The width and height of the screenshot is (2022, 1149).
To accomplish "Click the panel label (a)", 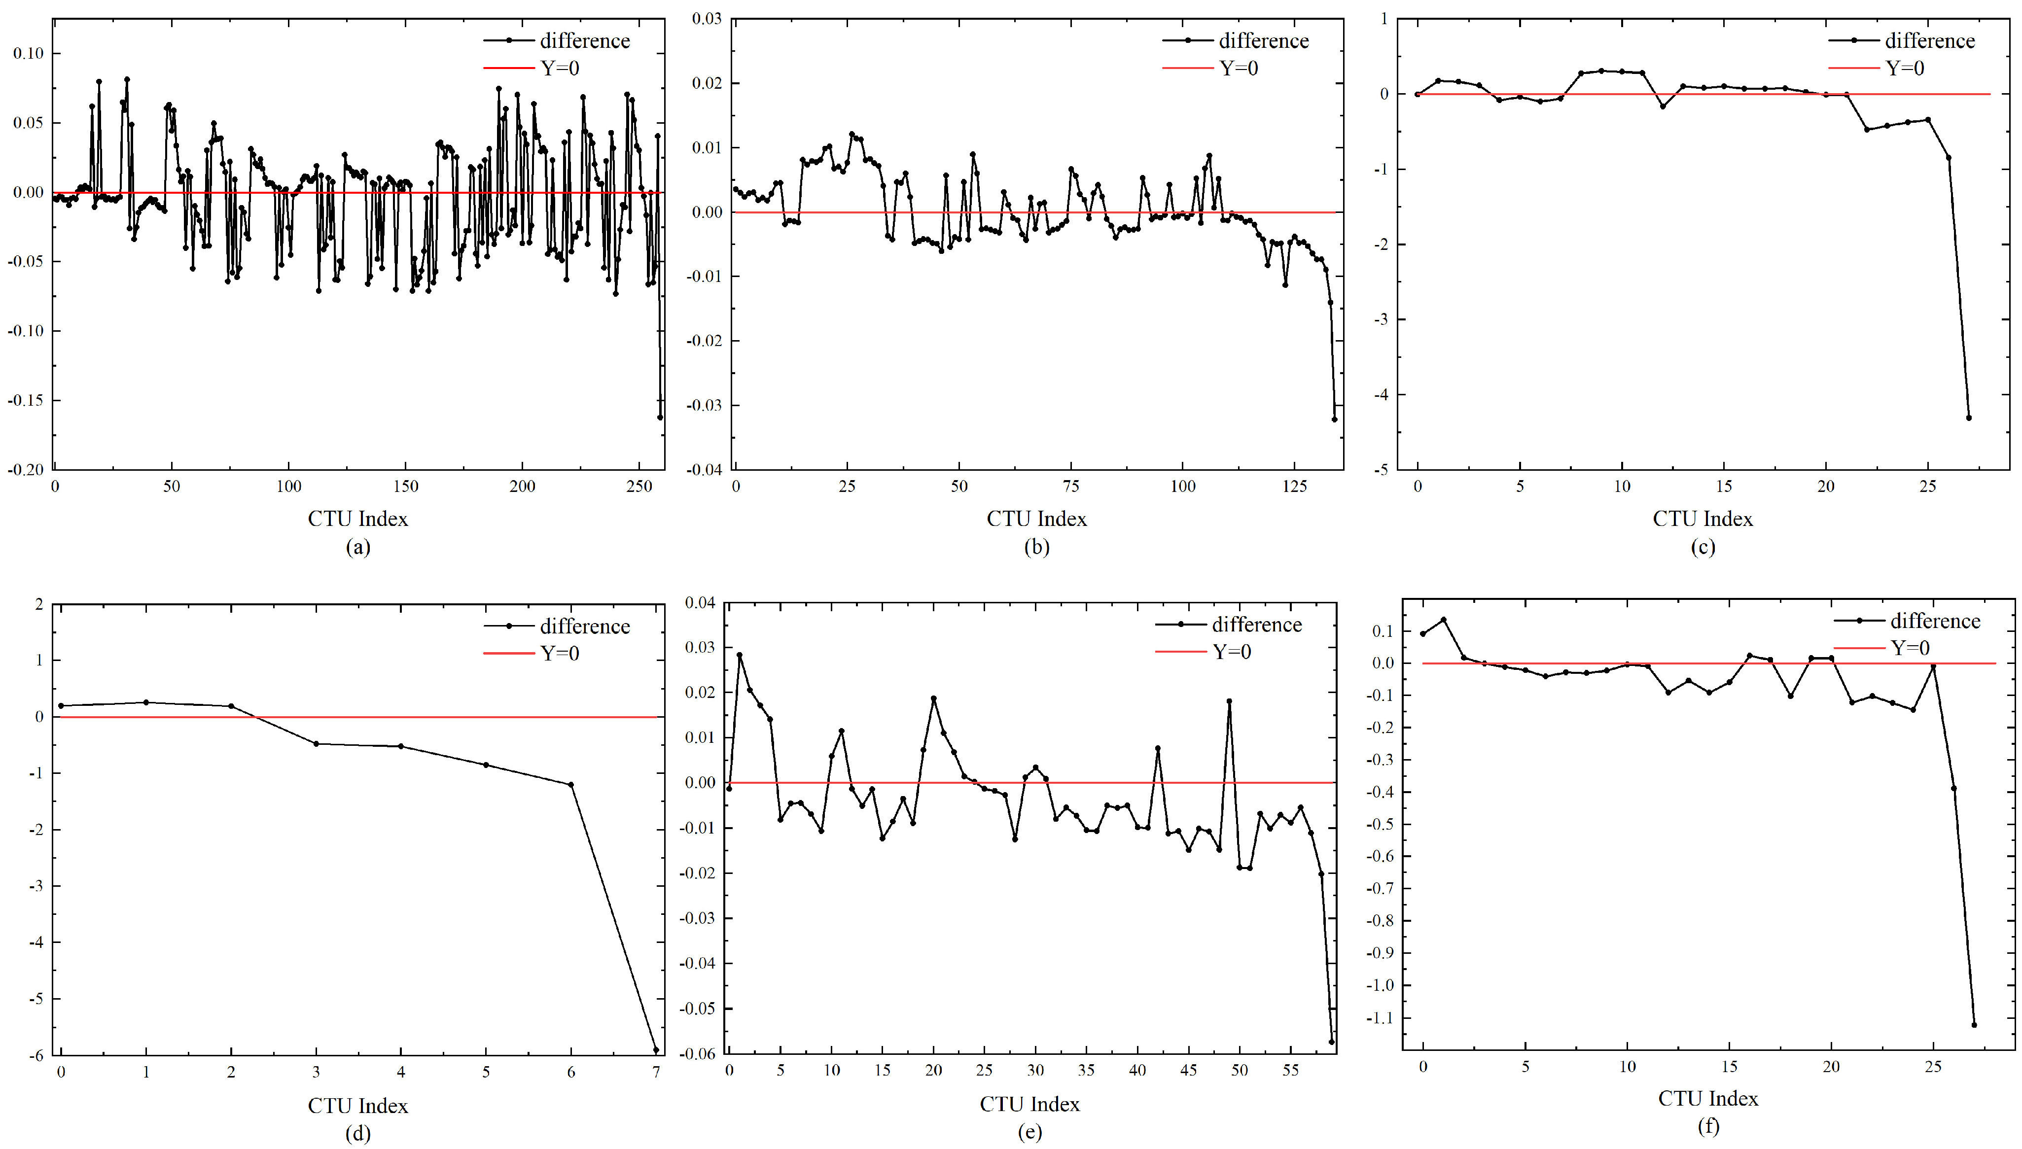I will click(357, 547).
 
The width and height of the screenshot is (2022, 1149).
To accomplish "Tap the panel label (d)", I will click(357, 1133).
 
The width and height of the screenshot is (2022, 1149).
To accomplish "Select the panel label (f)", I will click(1708, 1125).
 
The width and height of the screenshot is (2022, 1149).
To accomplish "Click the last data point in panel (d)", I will click(656, 1049).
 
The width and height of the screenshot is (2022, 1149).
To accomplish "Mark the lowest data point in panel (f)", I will click(1974, 1024).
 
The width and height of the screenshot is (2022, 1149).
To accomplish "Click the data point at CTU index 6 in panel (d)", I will click(570, 784).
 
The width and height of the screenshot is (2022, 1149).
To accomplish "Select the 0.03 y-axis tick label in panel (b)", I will click(707, 18).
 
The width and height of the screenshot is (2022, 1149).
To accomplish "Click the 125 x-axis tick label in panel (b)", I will click(1294, 486).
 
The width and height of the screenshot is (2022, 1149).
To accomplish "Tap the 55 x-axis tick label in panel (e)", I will click(1290, 1070).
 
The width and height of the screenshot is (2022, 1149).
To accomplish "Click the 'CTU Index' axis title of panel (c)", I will click(1703, 519).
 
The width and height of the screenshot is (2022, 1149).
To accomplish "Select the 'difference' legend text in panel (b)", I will click(1264, 41).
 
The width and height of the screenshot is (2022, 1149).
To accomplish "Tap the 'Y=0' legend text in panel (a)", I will click(560, 69).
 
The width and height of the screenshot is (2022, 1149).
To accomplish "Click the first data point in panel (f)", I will click(1423, 634).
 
